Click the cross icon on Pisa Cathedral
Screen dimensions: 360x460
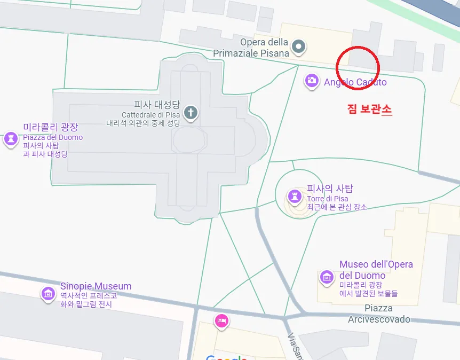(191, 113)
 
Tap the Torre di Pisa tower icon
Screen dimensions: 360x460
(294, 196)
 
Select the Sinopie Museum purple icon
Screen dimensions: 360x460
(49, 293)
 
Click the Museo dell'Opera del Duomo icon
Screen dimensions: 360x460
(327, 277)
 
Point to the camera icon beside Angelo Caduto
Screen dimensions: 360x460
(312, 81)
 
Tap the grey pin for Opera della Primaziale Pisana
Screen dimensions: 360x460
(299, 46)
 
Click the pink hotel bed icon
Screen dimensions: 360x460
(221, 320)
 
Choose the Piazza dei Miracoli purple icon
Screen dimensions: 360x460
(10, 139)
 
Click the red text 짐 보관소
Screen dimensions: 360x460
(369, 109)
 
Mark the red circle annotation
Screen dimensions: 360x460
(358, 68)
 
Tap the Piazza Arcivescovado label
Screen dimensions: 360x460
(379, 314)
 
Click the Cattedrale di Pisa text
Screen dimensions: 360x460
(151, 115)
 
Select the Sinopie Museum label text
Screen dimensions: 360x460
(96, 286)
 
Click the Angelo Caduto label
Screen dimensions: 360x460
(355, 82)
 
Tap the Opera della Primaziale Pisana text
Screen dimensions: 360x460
(252, 48)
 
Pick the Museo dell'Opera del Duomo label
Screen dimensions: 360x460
(376, 270)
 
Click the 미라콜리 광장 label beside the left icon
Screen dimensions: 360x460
(50, 127)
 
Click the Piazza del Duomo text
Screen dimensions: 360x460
(53, 137)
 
